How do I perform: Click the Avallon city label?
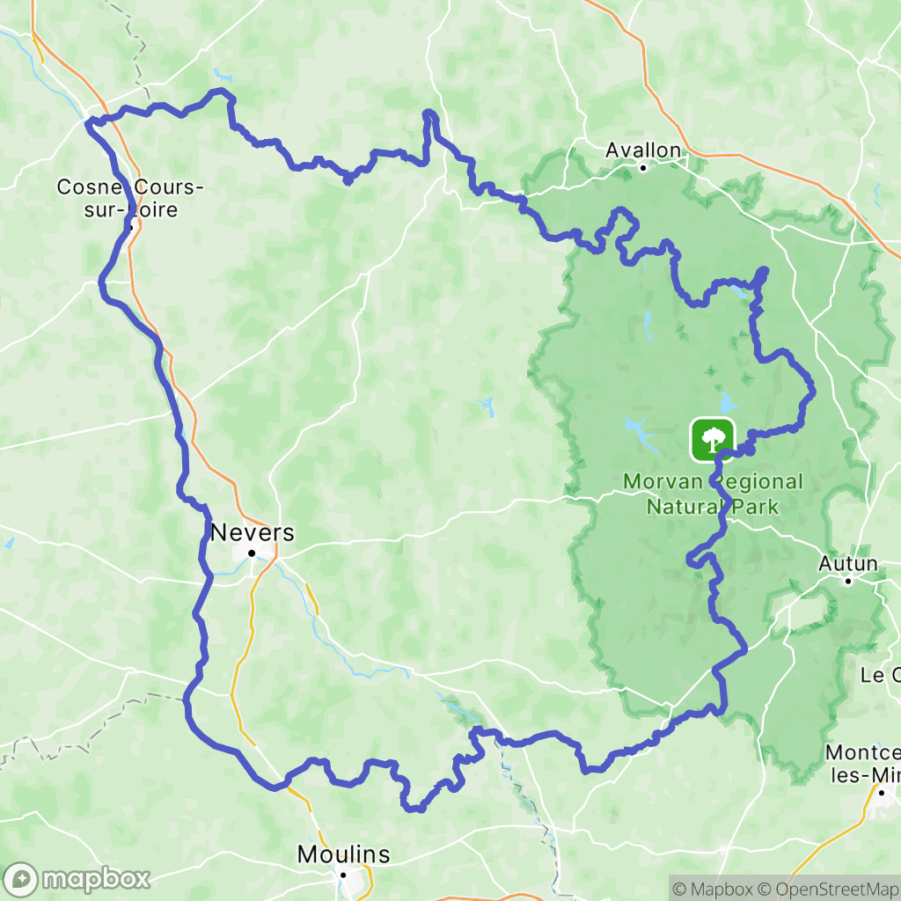pos(643,150)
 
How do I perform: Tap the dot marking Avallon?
pos(643,167)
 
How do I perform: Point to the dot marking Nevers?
pos(251,553)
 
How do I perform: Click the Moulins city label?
pos(343,854)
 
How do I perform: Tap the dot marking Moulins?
pos(344,875)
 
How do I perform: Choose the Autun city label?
pos(848,563)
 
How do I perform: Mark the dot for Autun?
pos(848,581)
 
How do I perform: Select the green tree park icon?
pos(712,437)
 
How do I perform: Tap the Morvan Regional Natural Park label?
pos(713,494)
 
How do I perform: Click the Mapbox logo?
pos(77,878)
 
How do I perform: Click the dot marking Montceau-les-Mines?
pos(882,793)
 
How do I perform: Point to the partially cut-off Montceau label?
pos(863,764)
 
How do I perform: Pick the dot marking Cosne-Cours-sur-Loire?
pos(130,228)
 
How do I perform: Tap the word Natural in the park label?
pos(687,506)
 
